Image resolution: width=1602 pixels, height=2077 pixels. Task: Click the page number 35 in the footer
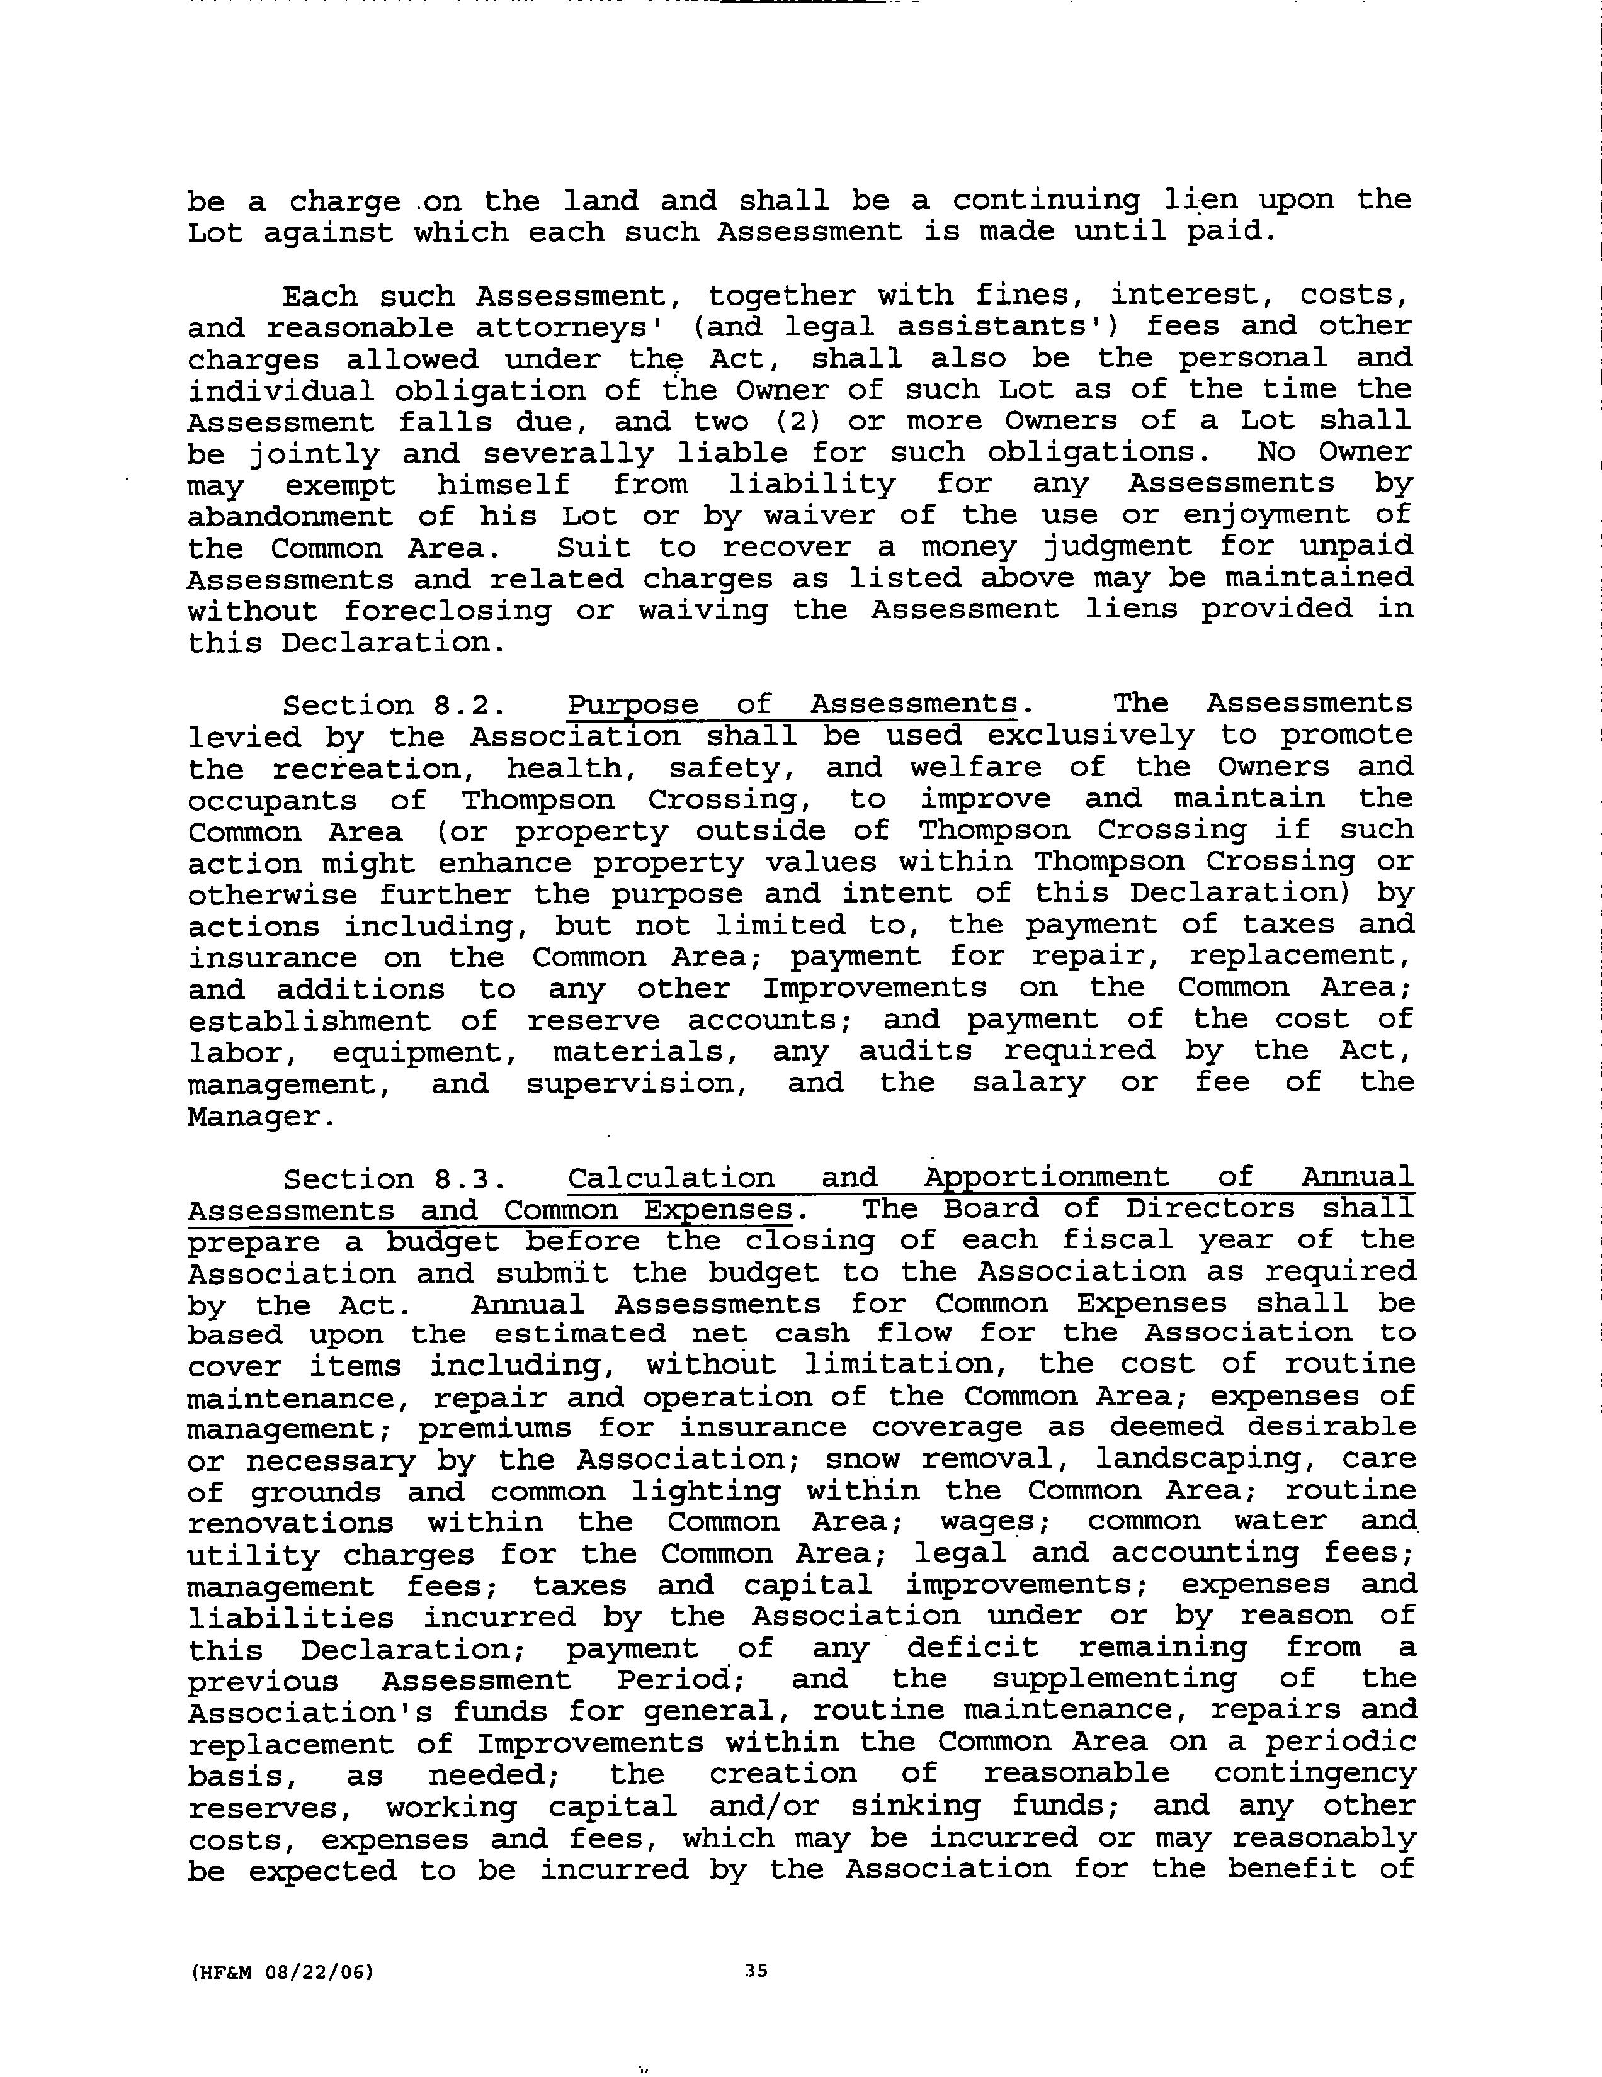[x=756, y=1971]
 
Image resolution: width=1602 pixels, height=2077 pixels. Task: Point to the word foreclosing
[x=447, y=611]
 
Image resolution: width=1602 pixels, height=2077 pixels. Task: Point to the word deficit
[x=972, y=1648]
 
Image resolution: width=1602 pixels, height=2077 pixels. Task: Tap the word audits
[x=915, y=1052]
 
